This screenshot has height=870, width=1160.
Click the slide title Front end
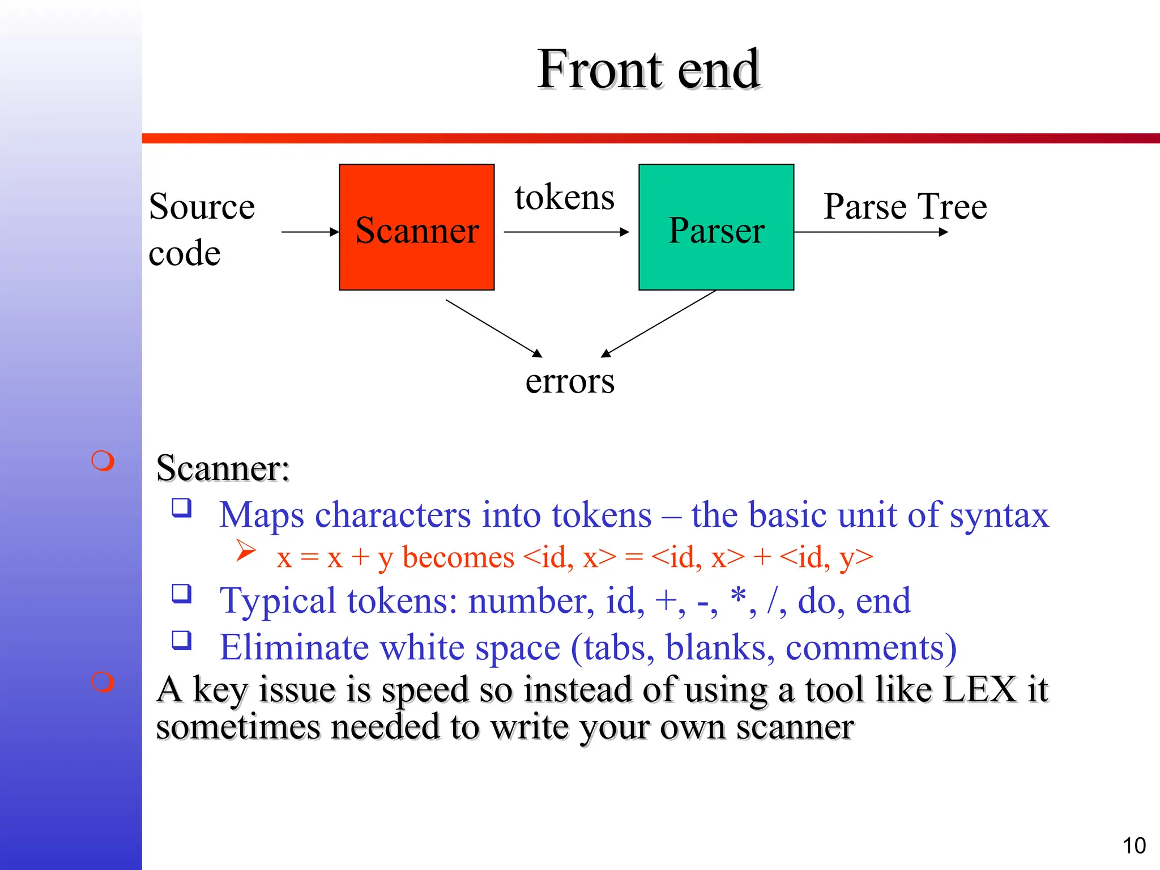pyautogui.click(x=649, y=69)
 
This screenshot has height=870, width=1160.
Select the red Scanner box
pyautogui.click(x=417, y=228)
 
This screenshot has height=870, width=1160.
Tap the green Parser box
pyautogui.click(x=716, y=228)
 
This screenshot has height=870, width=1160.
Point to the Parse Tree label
pyautogui.click(x=905, y=206)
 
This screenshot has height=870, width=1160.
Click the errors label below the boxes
pyautogui.click(x=570, y=381)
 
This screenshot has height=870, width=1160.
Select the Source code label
pyautogui.click(x=201, y=229)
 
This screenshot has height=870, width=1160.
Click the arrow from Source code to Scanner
pyautogui.click(x=310, y=232)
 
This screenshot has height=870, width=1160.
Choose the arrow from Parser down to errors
pyautogui.click(x=658, y=324)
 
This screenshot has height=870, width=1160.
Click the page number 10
pyautogui.click(x=1134, y=846)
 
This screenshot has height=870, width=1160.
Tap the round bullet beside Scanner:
pyautogui.click(x=103, y=461)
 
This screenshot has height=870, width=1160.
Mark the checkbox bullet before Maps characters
pyautogui.click(x=182, y=507)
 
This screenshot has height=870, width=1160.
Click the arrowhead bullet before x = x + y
pyautogui.click(x=246, y=549)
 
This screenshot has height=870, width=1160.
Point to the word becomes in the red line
pyautogui.click(x=458, y=557)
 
